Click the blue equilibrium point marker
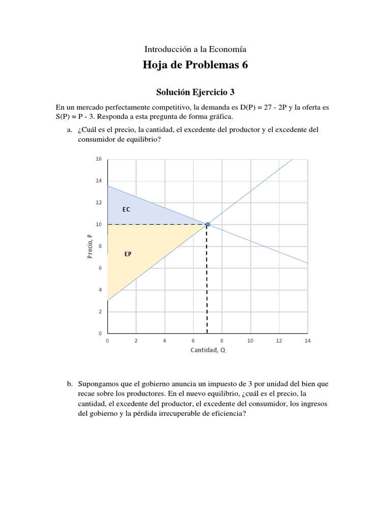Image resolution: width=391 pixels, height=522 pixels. (207, 224)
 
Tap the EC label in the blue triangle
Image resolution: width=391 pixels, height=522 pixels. (126, 210)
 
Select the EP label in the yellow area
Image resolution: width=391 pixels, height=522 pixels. (128, 253)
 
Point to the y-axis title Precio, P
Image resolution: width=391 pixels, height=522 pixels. (90, 246)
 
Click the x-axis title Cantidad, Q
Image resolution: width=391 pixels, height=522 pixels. (208, 350)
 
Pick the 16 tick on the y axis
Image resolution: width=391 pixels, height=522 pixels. (99, 159)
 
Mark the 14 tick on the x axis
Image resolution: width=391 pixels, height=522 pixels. (307, 340)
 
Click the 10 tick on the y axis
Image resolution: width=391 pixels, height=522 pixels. (99, 224)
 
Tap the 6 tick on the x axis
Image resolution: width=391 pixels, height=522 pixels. (193, 340)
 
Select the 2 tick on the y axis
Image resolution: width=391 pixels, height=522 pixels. (100, 311)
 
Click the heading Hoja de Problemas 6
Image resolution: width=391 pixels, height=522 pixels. (195, 66)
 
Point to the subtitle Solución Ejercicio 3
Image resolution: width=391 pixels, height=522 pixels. (195, 92)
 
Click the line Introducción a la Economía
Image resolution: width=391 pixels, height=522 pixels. (195, 49)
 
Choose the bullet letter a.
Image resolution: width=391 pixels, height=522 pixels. (69, 130)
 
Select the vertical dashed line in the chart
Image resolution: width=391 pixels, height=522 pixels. (207, 280)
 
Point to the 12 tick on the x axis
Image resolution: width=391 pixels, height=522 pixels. (278, 340)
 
